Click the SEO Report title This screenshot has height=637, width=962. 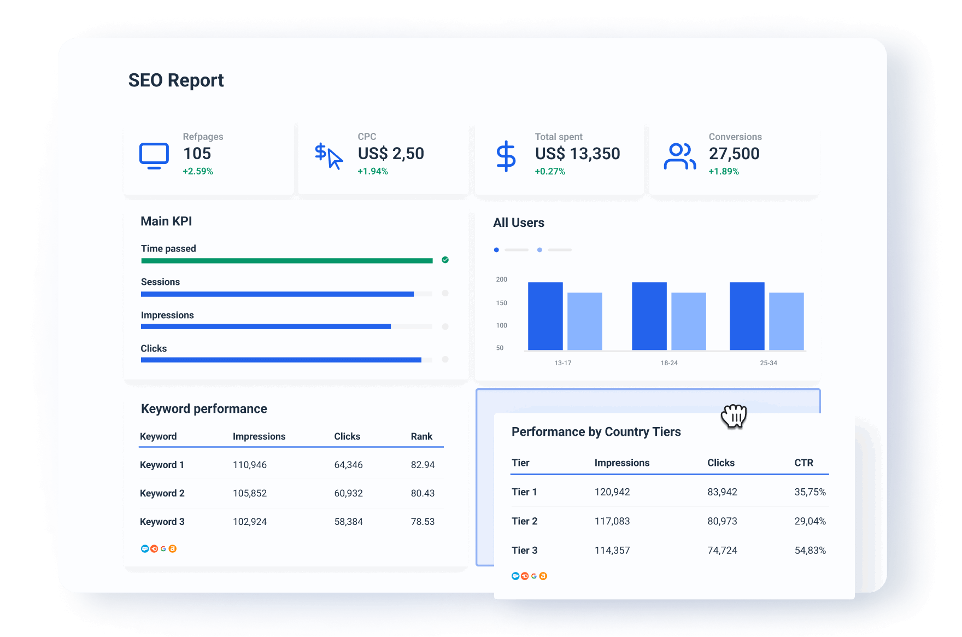pyautogui.click(x=176, y=80)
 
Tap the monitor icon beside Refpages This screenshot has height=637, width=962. pyautogui.click(x=154, y=156)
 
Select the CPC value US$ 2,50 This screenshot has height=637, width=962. pyautogui.click(x=391, y=154)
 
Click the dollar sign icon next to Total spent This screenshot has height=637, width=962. pyautogui.click(x=506, y=156)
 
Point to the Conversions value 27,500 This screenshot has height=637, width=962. pyautogui.click(x=734, y=154)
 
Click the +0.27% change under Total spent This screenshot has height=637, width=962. pyautogui.click(x=550, y=172)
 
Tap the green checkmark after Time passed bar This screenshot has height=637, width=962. pyautogui.click(x=445, y=260)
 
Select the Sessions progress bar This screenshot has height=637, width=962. pyautogui.click(x=277, y=294)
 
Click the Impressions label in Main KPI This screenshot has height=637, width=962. pyautogui.click(x=167, y=315)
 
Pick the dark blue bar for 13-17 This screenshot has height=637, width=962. pyautogui.click(x=545, y=316)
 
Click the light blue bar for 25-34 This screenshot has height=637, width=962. pyautogui.click(x=786, y=321)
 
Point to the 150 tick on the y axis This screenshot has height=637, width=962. pyautogui.click(x=501, y=303)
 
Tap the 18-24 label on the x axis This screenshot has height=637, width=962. pyautogui.click(x=669, y=363)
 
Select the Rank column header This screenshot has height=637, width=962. pyautogui.click(x=421, y=436)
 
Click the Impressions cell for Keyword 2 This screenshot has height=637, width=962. pyautogui.click(x=250, y=493)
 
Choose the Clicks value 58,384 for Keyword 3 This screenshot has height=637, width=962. pyautogui.click(x=348, y=522)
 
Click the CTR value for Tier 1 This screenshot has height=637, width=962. pyautogui.click(x=810, y=492)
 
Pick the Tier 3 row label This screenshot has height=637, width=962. pyautogui.click(x=524, y=550)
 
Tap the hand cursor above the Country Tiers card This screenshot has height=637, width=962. pyautogui.click(x=734, y=417)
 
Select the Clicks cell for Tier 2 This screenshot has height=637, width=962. pyautogui.click(x=722, y=521)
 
